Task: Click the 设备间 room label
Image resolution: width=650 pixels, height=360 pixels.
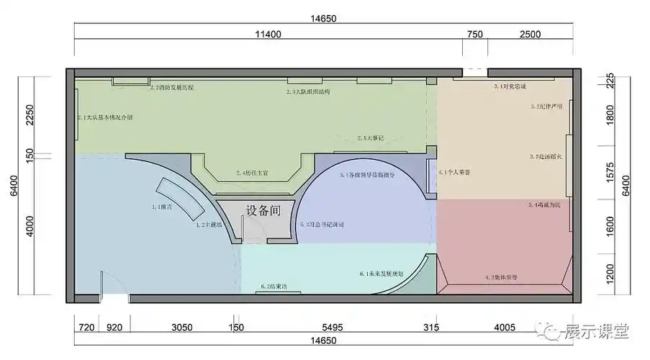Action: [x=262, y=211]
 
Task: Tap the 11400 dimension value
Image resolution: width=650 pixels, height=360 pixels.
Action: [x=266, y=34]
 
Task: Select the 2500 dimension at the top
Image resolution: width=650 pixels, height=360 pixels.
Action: [x=531, y=34]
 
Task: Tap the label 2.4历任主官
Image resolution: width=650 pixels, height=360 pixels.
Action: [x=252, y=173]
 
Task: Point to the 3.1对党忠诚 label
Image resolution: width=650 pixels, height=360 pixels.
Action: [x=510, y=86]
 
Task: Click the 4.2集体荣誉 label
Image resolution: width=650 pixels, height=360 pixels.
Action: [x=502, y=276]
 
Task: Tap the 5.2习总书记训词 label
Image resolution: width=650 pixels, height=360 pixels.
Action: [x=322, y=225]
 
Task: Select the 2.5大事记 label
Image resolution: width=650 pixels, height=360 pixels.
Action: [x=371, y=138]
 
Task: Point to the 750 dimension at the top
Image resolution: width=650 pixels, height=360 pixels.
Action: [x=475, y=34]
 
